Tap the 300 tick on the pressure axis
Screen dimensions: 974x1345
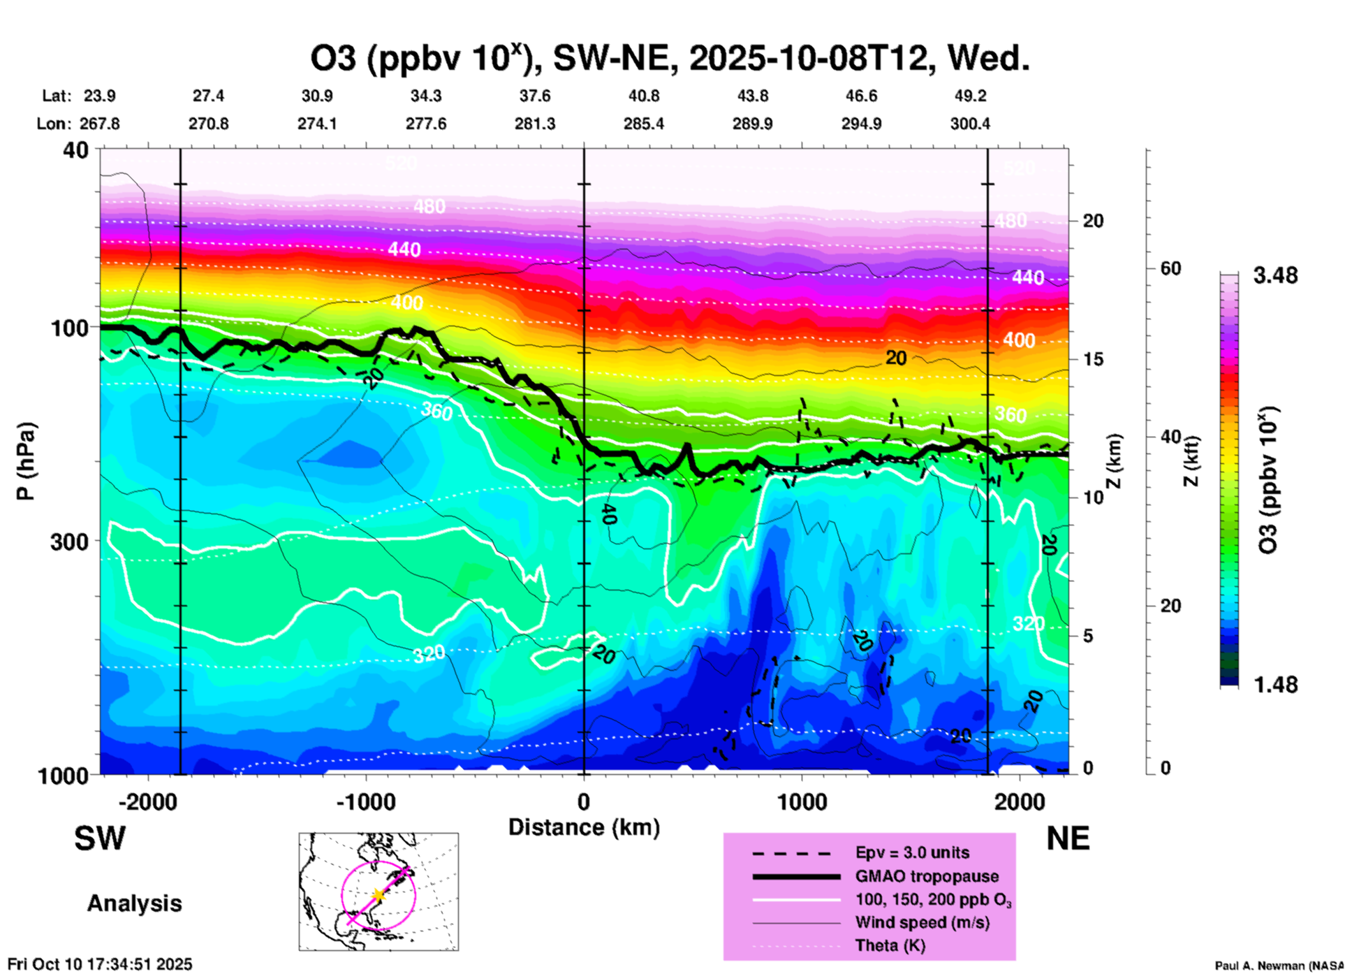click(x=69, y=541)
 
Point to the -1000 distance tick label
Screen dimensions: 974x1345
click(x=365, y=802)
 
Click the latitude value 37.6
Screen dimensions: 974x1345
click(x=535, y=96)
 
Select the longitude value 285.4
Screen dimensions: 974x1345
click(x=643, y=124)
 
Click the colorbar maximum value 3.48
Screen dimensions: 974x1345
click(x=1275, y=276)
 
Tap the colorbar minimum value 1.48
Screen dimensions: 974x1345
click(x=1275, y=685)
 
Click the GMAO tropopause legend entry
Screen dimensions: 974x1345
click(x=927, y=876)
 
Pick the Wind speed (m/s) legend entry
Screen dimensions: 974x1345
click(x=922, y=922)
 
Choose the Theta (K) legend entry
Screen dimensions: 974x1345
click(x=890, y=945)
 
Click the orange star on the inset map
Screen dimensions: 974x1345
click(x=378, y=895)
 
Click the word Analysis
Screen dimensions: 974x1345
click(x=134, y=903)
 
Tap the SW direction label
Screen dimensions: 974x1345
click(x=100, y=839)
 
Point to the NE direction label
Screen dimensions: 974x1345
click(x=1068, y=839)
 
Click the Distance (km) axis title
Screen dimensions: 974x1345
click(x=584, y=827)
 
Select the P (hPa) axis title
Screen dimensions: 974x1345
click(x=26, y=461)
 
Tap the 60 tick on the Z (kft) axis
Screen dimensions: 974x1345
click(x=1170, y=268)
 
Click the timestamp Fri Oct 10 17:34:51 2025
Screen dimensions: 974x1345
click(x=100, y=964)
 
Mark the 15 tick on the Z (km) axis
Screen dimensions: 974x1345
click(x=1093, y=359)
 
